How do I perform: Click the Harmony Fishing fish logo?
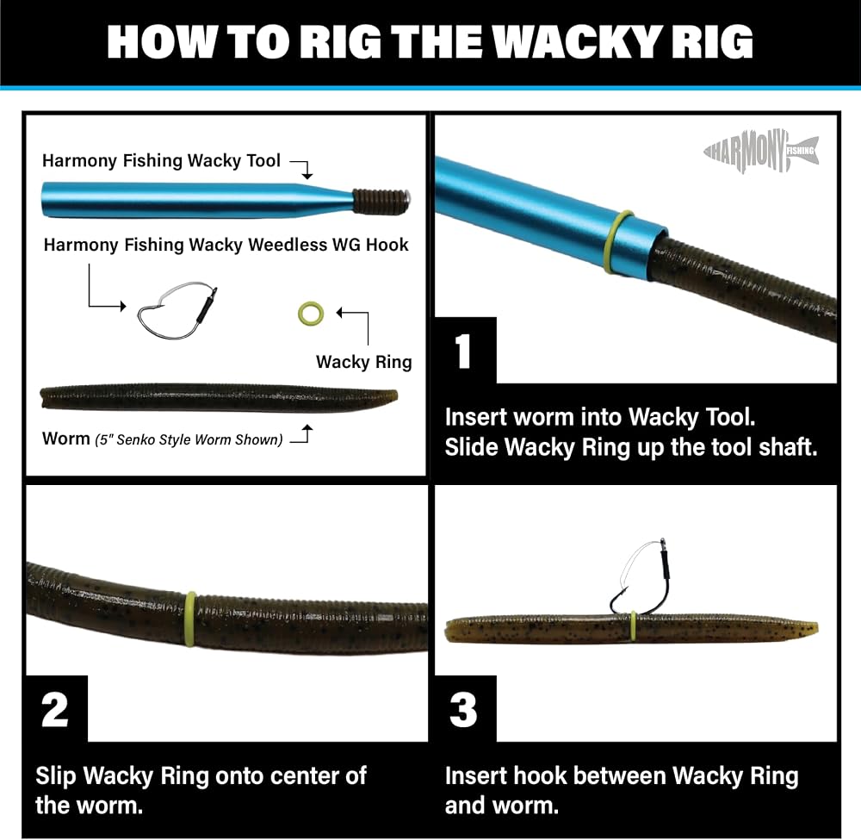pos(761,151)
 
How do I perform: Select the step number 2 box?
pos(57,709)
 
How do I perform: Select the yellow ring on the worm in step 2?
pos(190,619)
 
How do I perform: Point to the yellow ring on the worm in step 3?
pos(633,626)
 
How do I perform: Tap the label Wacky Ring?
pos(363,362)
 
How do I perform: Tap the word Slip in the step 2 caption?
pos(56,776)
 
